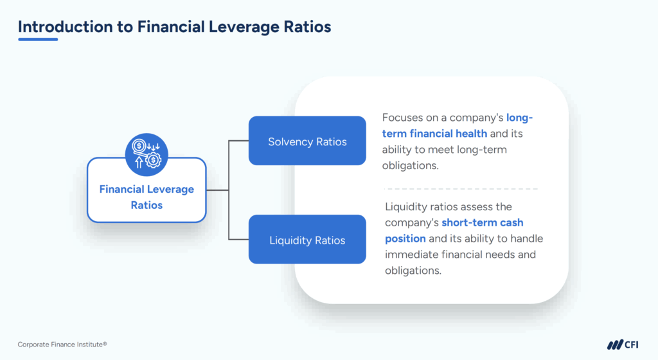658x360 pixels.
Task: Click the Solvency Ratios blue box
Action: point(307,141)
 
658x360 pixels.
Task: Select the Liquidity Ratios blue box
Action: point(307,240)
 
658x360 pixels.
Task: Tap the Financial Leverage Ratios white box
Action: point(147,197)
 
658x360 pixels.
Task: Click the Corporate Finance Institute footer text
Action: point(62,345)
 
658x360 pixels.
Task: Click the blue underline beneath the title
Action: point(38,39)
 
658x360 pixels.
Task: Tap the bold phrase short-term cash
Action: point(483,222)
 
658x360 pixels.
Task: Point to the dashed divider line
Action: point(461,189)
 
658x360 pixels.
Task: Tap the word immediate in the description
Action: point(411,255)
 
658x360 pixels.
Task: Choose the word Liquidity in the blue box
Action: point(290,240)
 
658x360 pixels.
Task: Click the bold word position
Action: point(405,239)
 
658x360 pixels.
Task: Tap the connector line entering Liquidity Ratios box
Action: point(239,240)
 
